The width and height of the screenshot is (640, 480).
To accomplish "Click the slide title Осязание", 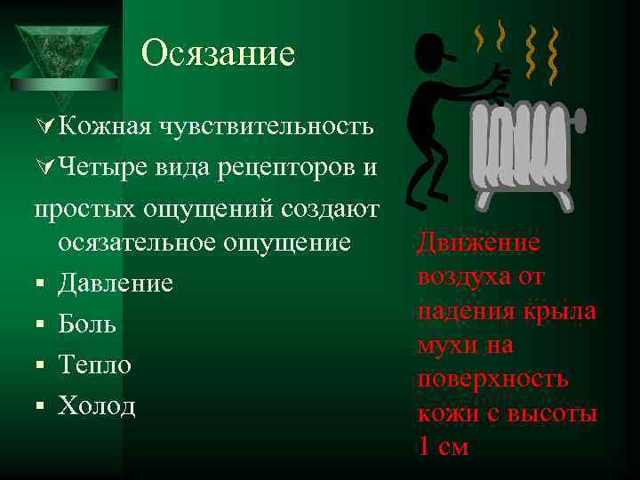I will (217, 53).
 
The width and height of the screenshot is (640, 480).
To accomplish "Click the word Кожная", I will (104, 125).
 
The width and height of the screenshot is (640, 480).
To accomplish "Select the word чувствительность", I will (266, 125).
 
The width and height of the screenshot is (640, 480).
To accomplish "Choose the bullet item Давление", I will (116, 284).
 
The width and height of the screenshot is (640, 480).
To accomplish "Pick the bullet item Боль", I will (87, 324).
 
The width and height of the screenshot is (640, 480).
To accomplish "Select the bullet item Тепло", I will (94, 364).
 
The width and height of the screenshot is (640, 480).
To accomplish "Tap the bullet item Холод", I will (97, 405).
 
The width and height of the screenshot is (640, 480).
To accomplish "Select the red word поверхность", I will (492, 379).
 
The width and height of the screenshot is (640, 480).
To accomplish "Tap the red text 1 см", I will (442, 446).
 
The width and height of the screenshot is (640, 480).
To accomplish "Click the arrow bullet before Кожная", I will (44, 126).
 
